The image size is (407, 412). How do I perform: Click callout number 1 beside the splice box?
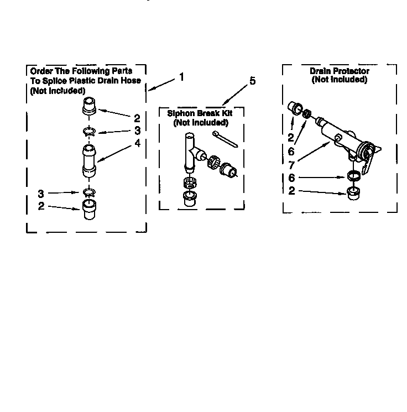tap(181, 77)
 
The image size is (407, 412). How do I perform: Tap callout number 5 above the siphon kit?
tap(252, 81)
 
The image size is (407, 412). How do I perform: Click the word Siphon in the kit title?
tap(181, 113)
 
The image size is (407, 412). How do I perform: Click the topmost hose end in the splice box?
tap(90, 106)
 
